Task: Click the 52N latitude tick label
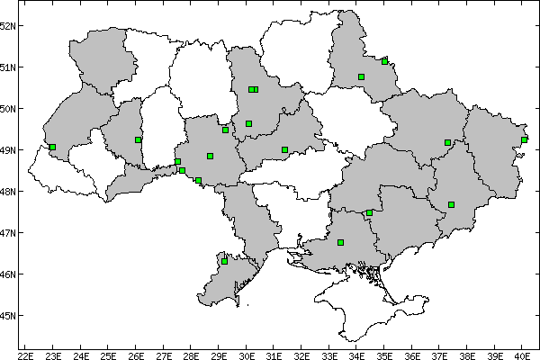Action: pyautogui.click(x=8, y=25)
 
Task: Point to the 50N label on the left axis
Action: pyautogui.click(x=8, y=108)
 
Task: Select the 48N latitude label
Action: pyautogui.click(x=8, y=191)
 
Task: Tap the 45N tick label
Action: pyautogui.click(x=8, y=315)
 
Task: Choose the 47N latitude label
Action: pyautogui.click(x=8, y=232)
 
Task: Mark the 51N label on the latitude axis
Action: pyautogui.click(x=8, y=67)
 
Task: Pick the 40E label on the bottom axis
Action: pyautogui.click(x=522, y=355)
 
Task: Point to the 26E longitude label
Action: pyautogui.click(x=136, y=355)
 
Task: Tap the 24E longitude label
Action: pyautogui.click(x=81, y=355)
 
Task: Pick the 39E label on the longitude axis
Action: pyautogui.click(x=494, y=355)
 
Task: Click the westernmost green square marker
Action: pyautogui.click(x=53, y=147)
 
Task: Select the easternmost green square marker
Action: pyautogui.click(x=524, y=139)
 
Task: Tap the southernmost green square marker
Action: pyautogui.click(x=224, y=261)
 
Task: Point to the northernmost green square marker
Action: pyautogui.click(x=384, y=61)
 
